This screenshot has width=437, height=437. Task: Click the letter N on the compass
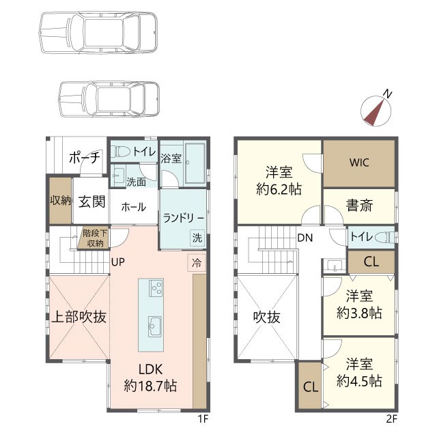(387, 94)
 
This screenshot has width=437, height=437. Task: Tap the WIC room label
(359, 163)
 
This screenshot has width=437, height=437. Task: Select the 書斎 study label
(359, 206)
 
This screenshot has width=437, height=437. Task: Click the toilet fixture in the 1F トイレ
(121, 152)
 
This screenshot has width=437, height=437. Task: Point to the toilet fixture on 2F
(385, 238)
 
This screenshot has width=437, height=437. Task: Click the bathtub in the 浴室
(195, 163)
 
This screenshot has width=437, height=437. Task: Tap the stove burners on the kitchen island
(156, 288)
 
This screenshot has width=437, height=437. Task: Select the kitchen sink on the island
(155, 326)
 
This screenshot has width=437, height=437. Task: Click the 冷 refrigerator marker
(197, 263)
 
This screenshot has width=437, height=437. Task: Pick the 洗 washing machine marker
(197, 238)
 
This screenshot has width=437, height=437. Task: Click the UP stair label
(118, 262)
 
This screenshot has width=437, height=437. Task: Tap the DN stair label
(305, 238)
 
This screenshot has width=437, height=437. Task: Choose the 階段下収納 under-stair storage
(93, 238)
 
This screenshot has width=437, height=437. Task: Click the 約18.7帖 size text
(150, 386)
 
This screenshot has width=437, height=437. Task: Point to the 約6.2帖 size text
(279, 190)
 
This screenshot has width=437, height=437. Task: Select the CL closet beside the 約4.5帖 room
(311, 386)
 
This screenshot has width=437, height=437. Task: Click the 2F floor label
(391, 419)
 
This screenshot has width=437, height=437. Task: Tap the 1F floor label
(203, 419)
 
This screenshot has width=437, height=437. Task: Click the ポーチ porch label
(85, 158)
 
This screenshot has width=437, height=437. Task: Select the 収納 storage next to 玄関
(61, 200)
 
